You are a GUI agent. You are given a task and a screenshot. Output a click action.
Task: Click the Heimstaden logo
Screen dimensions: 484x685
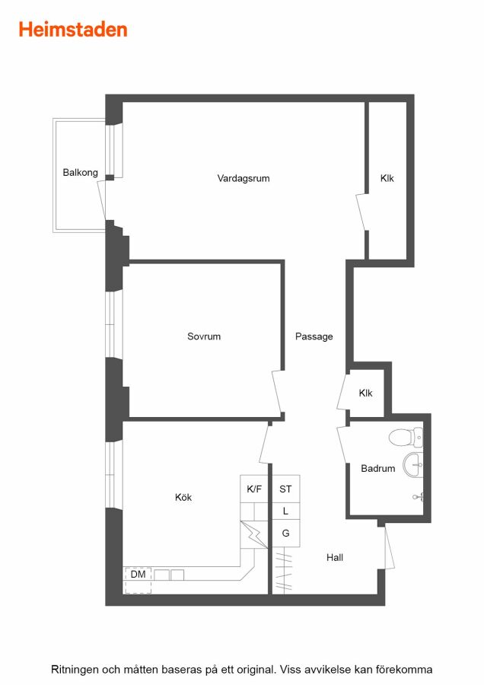(x=73, y=30)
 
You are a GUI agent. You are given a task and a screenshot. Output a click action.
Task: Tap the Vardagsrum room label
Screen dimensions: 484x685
(x=244, y=178)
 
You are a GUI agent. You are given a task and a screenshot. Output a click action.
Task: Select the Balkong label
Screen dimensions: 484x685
(x=81, y=173)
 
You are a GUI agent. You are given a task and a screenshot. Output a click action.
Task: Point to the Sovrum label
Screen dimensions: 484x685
(x=204, y=336)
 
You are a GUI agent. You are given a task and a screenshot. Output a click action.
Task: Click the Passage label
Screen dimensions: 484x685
(x=314, y=336)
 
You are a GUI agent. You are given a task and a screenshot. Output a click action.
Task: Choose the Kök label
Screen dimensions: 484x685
(x=183, y=497)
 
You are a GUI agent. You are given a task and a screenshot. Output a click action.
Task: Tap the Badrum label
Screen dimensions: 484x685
(x=378, y=468)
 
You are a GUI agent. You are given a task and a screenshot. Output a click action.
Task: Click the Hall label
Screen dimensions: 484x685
(x=335, y=557)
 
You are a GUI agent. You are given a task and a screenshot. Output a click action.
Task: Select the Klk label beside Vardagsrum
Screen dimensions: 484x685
(x=387, y=178)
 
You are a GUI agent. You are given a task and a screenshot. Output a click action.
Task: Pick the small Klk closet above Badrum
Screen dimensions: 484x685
(x=365, y=393)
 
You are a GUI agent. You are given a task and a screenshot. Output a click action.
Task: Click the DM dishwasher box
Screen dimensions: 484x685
(x=138, y=580)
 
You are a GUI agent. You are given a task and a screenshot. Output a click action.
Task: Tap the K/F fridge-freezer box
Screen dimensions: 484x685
(x=254, y=489)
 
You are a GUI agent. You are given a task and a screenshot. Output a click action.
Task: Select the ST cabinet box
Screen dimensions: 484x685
(x=286, y=489)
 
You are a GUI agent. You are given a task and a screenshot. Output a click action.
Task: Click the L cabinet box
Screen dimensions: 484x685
(x=286, y=511)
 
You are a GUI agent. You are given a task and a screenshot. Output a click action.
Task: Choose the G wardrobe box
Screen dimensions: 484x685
(x=286, y=534)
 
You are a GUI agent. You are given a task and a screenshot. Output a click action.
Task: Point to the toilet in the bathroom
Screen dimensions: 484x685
(x=406, y=438)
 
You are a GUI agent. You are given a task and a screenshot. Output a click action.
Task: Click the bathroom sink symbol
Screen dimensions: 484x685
(x=412, y=465)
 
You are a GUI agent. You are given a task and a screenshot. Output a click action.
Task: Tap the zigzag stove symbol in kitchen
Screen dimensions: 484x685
(x=254, y=535)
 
